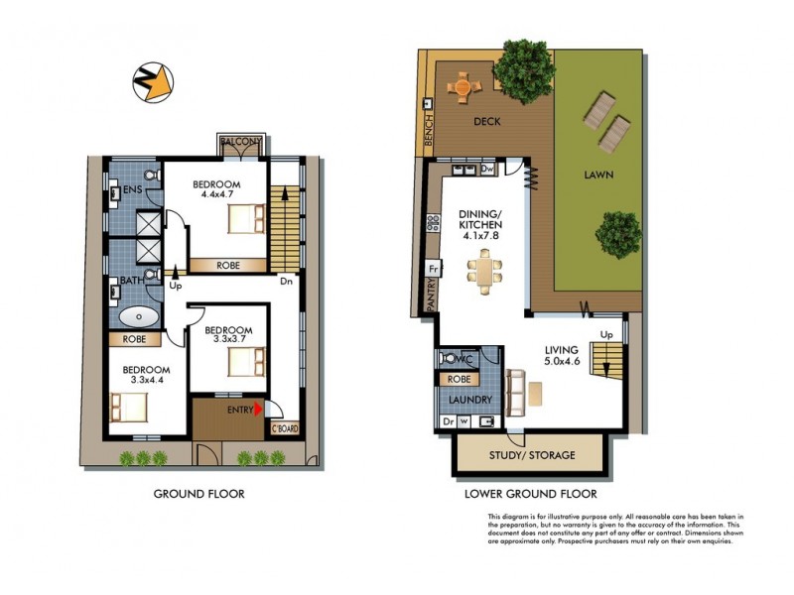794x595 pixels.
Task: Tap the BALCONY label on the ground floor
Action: (x=242, y=142)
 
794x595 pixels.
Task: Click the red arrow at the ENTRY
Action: (x=260, y=409)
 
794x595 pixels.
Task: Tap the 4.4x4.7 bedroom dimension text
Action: (x=215, y=196)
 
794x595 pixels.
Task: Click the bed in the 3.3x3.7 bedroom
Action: (x=244, y=364)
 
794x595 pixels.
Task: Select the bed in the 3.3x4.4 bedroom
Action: (x=129, y=406)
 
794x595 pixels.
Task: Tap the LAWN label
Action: (x=598, y=175)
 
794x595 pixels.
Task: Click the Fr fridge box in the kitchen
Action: (x=434, y=269)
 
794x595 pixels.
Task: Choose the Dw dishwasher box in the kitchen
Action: (x=487, y=170)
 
